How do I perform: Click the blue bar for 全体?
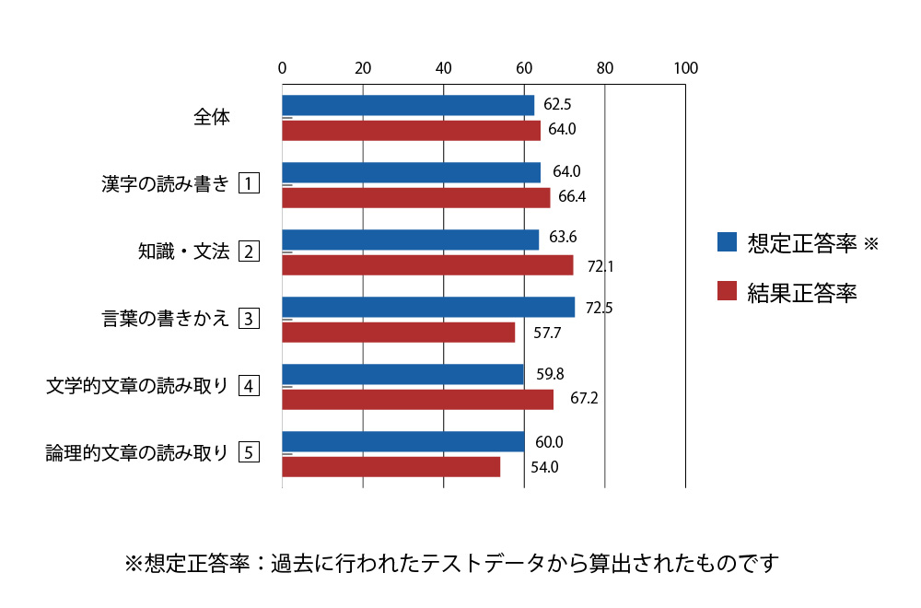pos(408,105)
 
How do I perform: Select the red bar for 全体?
pos(411,130)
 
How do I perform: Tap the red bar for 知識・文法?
pos(427,265)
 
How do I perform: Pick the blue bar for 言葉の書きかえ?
pos(428,307)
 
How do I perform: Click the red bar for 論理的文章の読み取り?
pos(391,467)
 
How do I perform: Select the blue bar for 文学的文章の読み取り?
pos(402,374)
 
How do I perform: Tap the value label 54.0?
pos(544,467)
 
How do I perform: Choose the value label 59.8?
pos(550,373)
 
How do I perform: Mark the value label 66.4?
pos(572,196)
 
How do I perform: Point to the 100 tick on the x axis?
pos(685,67)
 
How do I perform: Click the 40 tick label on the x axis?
pos(443,67)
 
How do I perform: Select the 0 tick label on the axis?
pos(282,67)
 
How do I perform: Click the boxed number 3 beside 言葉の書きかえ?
pos(249,319)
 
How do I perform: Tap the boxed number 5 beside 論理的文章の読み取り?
pos(249,452)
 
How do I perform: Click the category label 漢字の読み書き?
pos(165,183)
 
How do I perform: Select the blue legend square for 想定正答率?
pos(727,242)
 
